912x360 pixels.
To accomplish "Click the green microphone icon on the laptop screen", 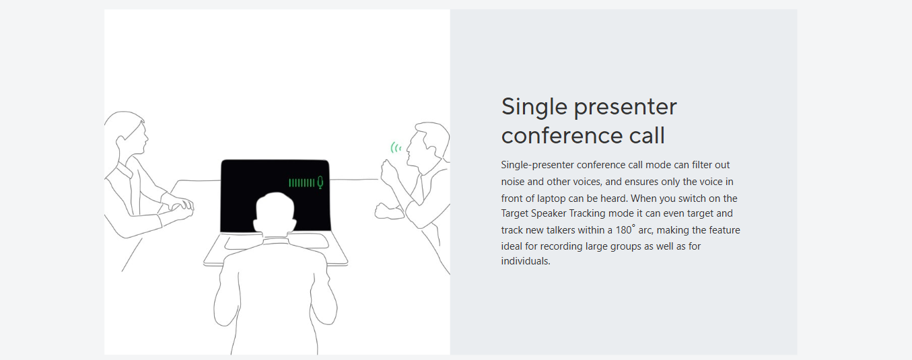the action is point(320,182).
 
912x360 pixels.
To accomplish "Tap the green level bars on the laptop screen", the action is point(302,183).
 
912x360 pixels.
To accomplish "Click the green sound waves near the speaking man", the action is point(396,147).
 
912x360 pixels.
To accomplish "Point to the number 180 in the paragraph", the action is point(623,230).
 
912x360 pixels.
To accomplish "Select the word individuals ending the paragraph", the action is point(526,261).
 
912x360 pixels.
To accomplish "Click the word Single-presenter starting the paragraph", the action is point(537,165).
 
